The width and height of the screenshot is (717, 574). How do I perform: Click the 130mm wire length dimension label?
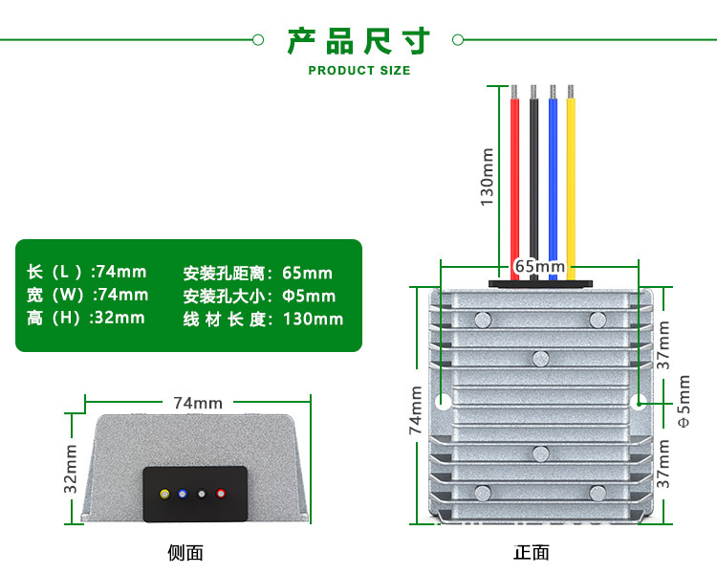tap(487, 177)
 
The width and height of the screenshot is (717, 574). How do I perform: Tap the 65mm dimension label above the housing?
tap(540, 265)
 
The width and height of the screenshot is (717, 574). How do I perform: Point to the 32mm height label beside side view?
tap(71, 469)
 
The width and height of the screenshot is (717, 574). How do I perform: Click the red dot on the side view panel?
tap(221, 495)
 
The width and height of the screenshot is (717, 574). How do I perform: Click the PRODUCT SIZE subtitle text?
tap(359, 71)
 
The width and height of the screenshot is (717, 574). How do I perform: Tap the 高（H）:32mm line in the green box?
tap(86, 318)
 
